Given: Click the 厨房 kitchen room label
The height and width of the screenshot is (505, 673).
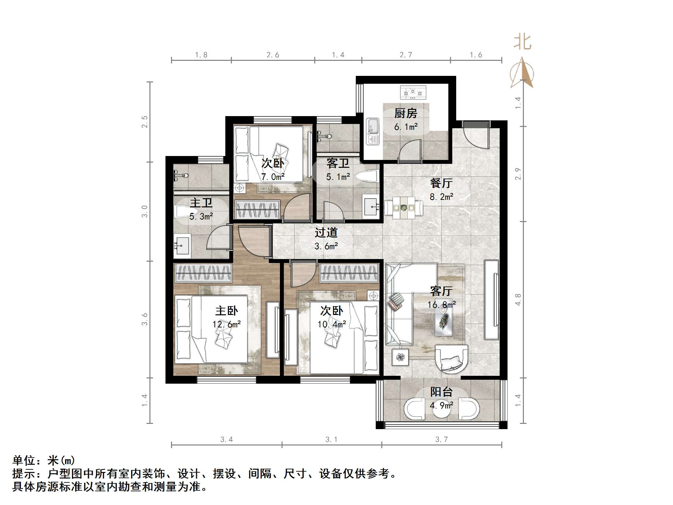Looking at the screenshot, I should point(406,113).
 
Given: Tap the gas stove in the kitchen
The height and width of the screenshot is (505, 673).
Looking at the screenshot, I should point(413,93).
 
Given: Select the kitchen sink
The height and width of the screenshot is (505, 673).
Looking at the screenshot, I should point(372,131).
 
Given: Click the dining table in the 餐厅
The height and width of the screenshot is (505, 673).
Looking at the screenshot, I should point(404,208).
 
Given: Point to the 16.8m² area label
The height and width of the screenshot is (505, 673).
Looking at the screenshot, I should point(441,305).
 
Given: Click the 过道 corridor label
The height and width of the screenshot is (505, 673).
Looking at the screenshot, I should point(326,233).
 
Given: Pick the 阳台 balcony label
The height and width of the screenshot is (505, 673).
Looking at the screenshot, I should point(441,392).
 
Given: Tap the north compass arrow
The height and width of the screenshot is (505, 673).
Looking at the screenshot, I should point(522,73).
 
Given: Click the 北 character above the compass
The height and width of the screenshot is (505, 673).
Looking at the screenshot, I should point(522,43).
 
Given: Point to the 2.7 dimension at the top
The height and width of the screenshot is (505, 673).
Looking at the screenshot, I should point(406,55).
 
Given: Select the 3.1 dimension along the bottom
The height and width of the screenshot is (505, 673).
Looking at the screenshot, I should point(331,440).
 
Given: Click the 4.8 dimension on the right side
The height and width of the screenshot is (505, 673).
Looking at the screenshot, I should point(518,300).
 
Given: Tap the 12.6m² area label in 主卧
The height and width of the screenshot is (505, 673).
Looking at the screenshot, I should point(226,324).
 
